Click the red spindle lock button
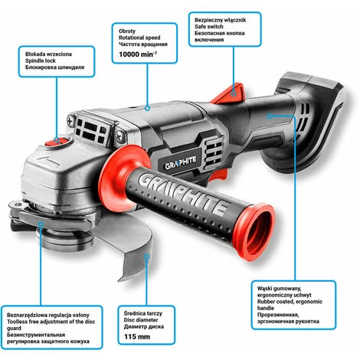pos(57,141)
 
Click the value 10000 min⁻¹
pos(138,54)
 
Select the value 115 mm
pos(137,336)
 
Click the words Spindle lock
pos(41,61)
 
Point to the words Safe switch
pos(209,27)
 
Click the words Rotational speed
pos(139,38)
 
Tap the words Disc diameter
pos(141,320)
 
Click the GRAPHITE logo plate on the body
pos(181,163)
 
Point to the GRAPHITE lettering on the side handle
pos(182,193)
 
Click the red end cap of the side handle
pos(254,232)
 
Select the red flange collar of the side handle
pos(121,176)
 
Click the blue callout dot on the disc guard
pos(41,224)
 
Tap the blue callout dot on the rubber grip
pos(269,116)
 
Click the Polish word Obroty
pos(127,31)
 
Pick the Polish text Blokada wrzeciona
pos(48,54)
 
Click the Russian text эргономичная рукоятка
pos(288,322)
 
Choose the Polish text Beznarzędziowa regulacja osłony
pos(48,315)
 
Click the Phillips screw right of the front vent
pos(119,136)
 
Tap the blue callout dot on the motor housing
pos(147,108)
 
